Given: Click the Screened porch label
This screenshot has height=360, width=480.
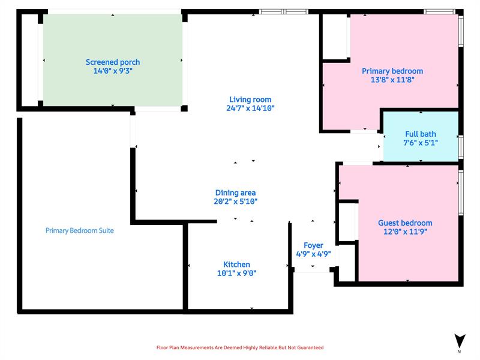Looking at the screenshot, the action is [x=113, y=62].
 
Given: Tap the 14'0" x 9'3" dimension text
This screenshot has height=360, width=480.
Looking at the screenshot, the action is [x=113, y=71].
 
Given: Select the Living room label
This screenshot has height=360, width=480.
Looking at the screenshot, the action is [x=250, y=100].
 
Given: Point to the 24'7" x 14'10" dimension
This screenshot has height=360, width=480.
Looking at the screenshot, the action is [x=250, y=108].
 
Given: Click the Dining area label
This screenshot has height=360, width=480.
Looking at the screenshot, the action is [x=235, y=193].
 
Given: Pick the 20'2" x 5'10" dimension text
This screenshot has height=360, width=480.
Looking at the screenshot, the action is [x=235, y=202].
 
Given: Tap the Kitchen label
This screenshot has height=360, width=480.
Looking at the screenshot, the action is [x=236, y=265].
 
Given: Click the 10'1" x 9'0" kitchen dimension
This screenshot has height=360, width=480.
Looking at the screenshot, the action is [x=236, y=273].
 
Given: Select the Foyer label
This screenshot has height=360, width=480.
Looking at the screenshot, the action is [x=313, y=245].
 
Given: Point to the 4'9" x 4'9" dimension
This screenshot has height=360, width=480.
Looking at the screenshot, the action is [x=313, y=254].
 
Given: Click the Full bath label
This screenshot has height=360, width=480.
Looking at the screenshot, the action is [x=421, y=134].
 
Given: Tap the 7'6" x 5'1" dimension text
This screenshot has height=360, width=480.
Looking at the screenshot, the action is [x=421, y=143].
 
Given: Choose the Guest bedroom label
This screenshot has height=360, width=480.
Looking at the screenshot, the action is [x=405, y=223].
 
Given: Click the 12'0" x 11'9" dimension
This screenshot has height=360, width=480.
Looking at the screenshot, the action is [x=405, y=232].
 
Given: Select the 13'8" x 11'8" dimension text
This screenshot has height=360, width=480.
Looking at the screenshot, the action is [x=392, y=80].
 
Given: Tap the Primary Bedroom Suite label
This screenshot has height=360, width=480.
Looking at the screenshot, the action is [x=80, y=230].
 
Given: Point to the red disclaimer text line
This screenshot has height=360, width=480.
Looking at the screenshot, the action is [x=240, y=347].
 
